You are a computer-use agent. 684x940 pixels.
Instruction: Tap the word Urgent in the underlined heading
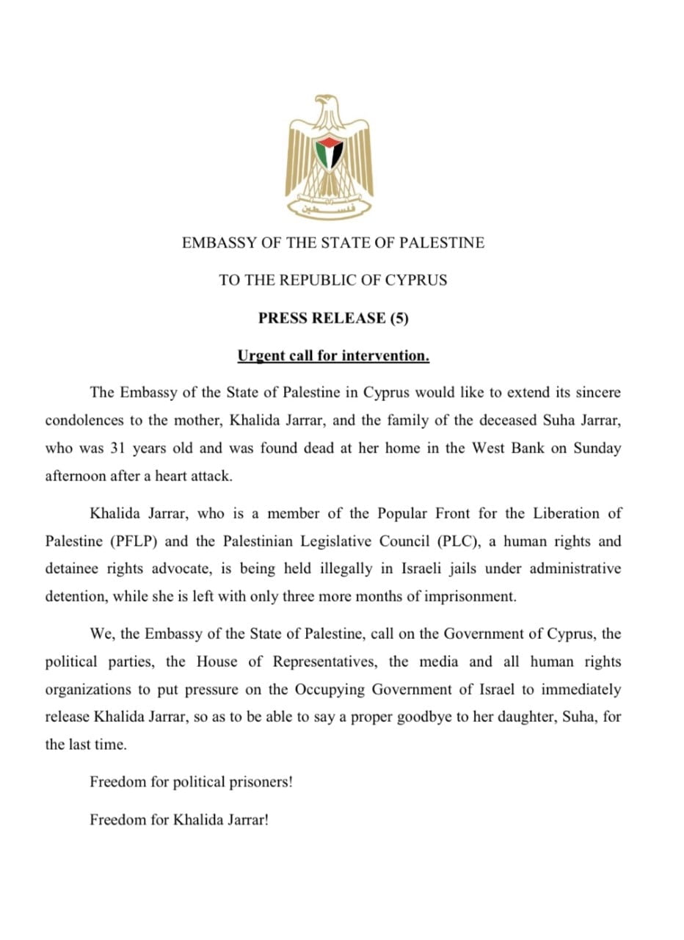click(262, 356)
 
